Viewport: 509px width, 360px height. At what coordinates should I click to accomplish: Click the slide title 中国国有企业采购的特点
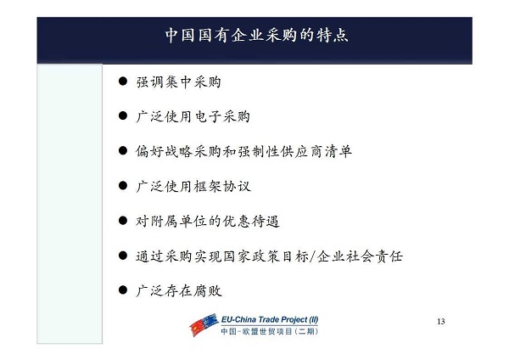(x=257, y=35)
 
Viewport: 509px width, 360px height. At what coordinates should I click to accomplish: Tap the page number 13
(x=441, y=321)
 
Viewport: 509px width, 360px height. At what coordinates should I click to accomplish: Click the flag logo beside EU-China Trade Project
(x=204, y=324)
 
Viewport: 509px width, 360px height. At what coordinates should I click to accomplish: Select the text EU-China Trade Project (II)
(x=270, y=319)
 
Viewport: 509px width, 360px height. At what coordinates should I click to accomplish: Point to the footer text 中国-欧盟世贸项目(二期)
(x=270, y=331)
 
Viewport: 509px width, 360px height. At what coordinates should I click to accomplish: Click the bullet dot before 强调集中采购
(x=123, y=81)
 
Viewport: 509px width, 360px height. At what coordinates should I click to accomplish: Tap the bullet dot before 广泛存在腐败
(x=123, y=290)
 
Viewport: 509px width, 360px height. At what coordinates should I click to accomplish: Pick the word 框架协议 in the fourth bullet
(x=222, y=186)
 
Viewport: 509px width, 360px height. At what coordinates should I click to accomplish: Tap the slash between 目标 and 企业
(x=312, y=256)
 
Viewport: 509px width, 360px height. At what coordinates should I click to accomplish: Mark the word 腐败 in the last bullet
(x=208, y=290)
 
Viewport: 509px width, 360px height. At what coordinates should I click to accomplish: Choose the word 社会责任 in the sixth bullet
(x=374, y=256)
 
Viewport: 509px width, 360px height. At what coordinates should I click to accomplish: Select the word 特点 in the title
(x=332, y=35)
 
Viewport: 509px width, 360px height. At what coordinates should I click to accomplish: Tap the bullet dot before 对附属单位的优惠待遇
(x=123, y=221)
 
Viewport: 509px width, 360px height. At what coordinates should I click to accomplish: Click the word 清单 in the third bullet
(x=338, y=151)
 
